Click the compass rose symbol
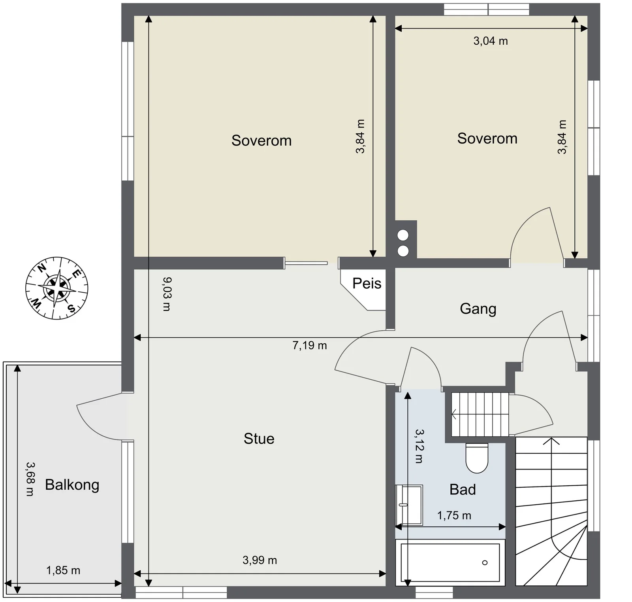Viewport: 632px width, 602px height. point(57,288)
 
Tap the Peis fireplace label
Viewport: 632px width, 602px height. point(367,284)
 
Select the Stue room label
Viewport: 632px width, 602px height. point(259,439)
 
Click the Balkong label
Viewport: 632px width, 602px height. point(72,485)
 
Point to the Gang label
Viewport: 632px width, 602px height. point(478,309)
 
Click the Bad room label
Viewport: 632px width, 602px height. point(463,490)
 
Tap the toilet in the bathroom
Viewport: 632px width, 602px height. point(477,458)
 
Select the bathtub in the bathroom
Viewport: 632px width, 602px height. point(450,562)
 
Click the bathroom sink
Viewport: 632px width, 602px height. point(409,505)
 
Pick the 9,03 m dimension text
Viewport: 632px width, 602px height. point(167,294)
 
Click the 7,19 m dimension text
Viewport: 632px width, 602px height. point(310,346)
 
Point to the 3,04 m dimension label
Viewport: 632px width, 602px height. point(491,41)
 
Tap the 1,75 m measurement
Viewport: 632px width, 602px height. point(454,516)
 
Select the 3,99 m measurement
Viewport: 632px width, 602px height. point(260,560)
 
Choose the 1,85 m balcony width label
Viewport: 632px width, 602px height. point(63,571)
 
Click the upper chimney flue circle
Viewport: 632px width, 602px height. point(403,235)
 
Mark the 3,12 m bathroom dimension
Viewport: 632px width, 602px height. point(419,446)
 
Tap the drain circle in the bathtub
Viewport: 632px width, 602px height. point(485,562)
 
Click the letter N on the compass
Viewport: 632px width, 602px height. point(41,268)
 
